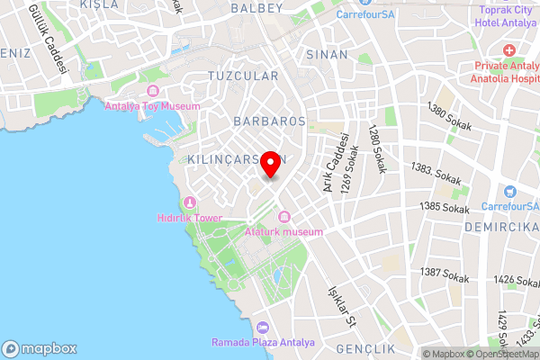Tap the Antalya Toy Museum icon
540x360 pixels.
pos(152,92)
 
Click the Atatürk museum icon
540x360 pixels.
pos(284,217)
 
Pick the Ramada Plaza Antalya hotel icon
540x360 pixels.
pos(262,328)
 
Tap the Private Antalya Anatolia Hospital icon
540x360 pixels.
pos(509,51)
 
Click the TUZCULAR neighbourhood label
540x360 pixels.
pos(243,76)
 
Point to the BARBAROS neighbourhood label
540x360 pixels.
pos(269,120)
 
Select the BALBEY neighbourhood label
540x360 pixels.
pos(256,8)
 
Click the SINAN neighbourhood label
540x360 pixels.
pos(327,55)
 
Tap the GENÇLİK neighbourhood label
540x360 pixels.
pos(365,348)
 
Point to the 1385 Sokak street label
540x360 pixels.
pos(445,208)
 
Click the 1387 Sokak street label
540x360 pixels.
pos(444,272)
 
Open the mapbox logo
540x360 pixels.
pos(40,348)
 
